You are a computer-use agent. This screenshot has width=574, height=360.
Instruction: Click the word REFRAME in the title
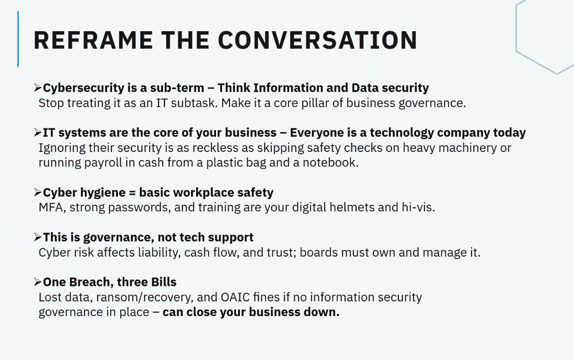93,40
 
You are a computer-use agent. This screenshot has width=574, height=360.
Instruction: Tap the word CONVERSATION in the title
318,40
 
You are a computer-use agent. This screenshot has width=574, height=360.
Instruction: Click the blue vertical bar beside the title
18,39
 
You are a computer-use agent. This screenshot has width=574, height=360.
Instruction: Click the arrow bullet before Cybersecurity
38,88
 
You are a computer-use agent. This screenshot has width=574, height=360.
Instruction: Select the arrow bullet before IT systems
38,133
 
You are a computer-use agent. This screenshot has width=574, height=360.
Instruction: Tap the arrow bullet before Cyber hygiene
38,193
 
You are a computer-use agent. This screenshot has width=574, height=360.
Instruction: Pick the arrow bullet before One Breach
38,282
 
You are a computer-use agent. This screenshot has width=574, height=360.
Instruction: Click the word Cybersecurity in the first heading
83,88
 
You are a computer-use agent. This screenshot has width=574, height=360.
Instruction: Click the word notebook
331,163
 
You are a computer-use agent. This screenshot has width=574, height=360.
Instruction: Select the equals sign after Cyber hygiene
132,193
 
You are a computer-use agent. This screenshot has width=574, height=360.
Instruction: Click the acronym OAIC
235,297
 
